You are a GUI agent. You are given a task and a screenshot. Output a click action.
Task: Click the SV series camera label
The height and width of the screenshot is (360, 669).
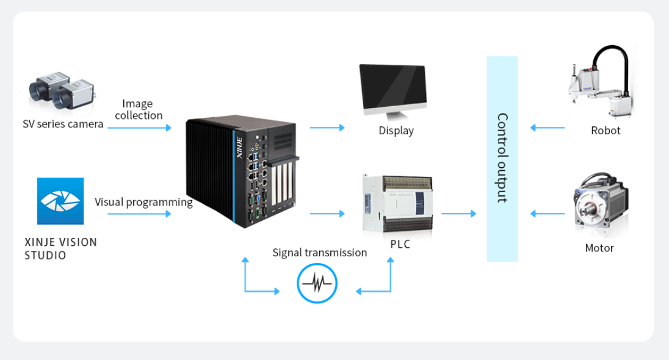coord(63,124)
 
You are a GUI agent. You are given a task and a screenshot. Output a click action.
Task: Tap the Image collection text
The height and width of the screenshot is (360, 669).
coord(138,110)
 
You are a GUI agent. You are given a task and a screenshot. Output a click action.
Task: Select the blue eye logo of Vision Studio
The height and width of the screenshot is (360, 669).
coord(60,201)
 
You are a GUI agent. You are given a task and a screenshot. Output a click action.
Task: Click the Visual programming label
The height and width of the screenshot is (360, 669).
coord(143,201)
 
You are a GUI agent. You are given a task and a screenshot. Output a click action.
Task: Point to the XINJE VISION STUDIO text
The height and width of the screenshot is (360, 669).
coord(60,248)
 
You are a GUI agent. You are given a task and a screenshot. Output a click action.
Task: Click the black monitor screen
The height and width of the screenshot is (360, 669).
coord(392,87)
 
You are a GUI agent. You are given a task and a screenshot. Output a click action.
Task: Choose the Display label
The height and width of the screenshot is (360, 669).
coord(396,131)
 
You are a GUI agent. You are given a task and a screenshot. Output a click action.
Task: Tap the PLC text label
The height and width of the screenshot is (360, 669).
coord(400,245)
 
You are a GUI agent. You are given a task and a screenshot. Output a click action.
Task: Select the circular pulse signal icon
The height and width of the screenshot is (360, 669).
coord(317,283)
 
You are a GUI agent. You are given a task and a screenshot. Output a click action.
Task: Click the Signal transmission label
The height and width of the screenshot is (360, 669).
coord(319,253)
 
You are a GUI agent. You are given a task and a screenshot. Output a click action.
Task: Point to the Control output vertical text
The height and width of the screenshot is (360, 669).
coord(502,158)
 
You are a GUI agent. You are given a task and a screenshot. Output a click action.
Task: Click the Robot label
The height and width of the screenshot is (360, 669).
coord(606,131)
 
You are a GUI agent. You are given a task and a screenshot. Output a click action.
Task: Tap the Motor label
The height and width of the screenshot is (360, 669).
coord(599,248)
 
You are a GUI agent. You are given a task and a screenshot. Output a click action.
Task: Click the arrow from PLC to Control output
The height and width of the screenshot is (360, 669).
coord(458,214)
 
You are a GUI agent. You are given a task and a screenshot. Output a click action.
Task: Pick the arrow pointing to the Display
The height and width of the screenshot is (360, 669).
coord(327,128)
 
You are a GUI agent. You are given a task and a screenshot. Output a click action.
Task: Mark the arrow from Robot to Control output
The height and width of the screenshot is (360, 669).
coord(548,128)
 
